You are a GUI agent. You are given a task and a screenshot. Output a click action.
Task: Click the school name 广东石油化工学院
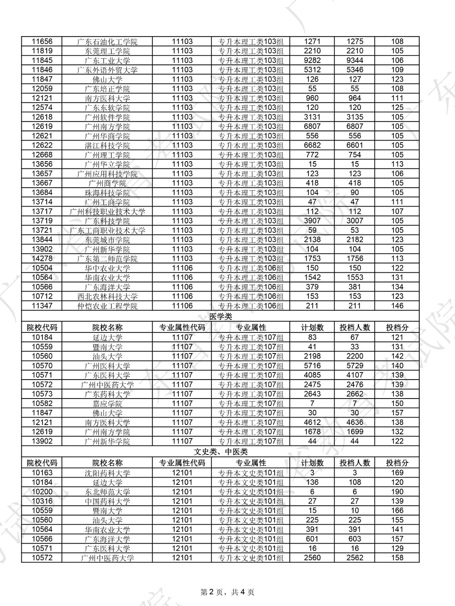107,42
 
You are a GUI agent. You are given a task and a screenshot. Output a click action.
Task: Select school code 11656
42,42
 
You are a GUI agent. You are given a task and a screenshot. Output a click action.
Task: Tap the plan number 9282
312,61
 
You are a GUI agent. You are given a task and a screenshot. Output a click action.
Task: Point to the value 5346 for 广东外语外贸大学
355,70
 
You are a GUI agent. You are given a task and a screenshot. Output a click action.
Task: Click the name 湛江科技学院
107,146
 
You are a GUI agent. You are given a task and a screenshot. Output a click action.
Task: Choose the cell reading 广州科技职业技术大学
107,212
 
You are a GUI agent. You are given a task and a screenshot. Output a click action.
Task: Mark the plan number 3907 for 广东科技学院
312,221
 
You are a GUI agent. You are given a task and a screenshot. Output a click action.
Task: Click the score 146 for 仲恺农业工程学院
397,306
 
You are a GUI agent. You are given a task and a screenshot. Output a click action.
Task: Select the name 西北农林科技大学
107,297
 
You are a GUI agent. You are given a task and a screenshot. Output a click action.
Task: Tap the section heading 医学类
220,316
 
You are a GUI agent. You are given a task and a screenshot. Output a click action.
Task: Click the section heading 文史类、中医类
220,452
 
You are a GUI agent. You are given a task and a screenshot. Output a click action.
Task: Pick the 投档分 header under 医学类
397,327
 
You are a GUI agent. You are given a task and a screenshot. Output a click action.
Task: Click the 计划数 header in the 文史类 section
312,463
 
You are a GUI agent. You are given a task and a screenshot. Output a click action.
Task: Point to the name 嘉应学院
107,404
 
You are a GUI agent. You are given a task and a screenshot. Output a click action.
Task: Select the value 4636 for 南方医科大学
355,423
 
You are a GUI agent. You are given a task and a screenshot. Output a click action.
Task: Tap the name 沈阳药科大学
107,473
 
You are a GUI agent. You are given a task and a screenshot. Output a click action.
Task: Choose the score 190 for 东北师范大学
397,492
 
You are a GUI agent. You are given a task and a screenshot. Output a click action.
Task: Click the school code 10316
42,501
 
